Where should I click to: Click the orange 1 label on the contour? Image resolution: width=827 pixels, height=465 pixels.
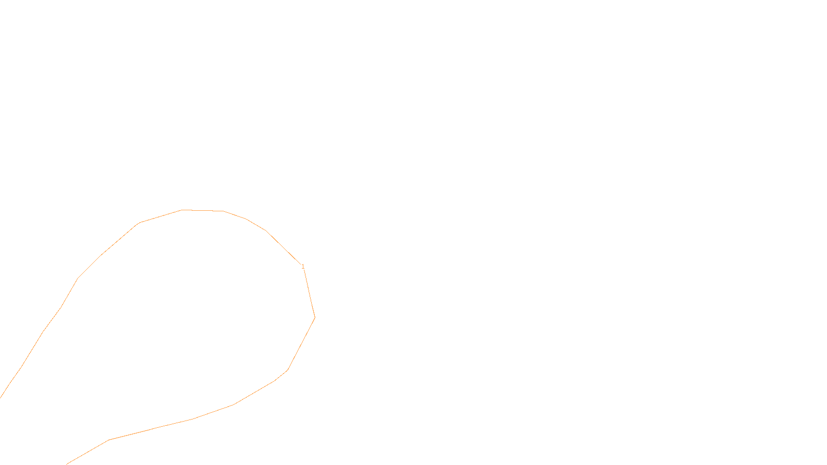pyautogui.click(x=303, y=267)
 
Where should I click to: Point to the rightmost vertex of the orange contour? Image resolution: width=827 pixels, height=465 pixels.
pyautogui.click(x=315, y=317)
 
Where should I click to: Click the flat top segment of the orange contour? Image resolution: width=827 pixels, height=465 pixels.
pyautogui.click(x=202, y=210)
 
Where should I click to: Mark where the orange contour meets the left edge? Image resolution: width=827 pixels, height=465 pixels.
pyautogui.click(x=1, y=397)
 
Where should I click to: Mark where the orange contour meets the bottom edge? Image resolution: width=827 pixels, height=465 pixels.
pyautogui.click(x=67, y=464)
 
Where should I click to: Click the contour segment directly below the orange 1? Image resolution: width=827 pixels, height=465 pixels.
pyautogui.click(x=309, y=292)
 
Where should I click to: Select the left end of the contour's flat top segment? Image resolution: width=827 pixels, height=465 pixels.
pyautogui.click(x=181, y=210)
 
